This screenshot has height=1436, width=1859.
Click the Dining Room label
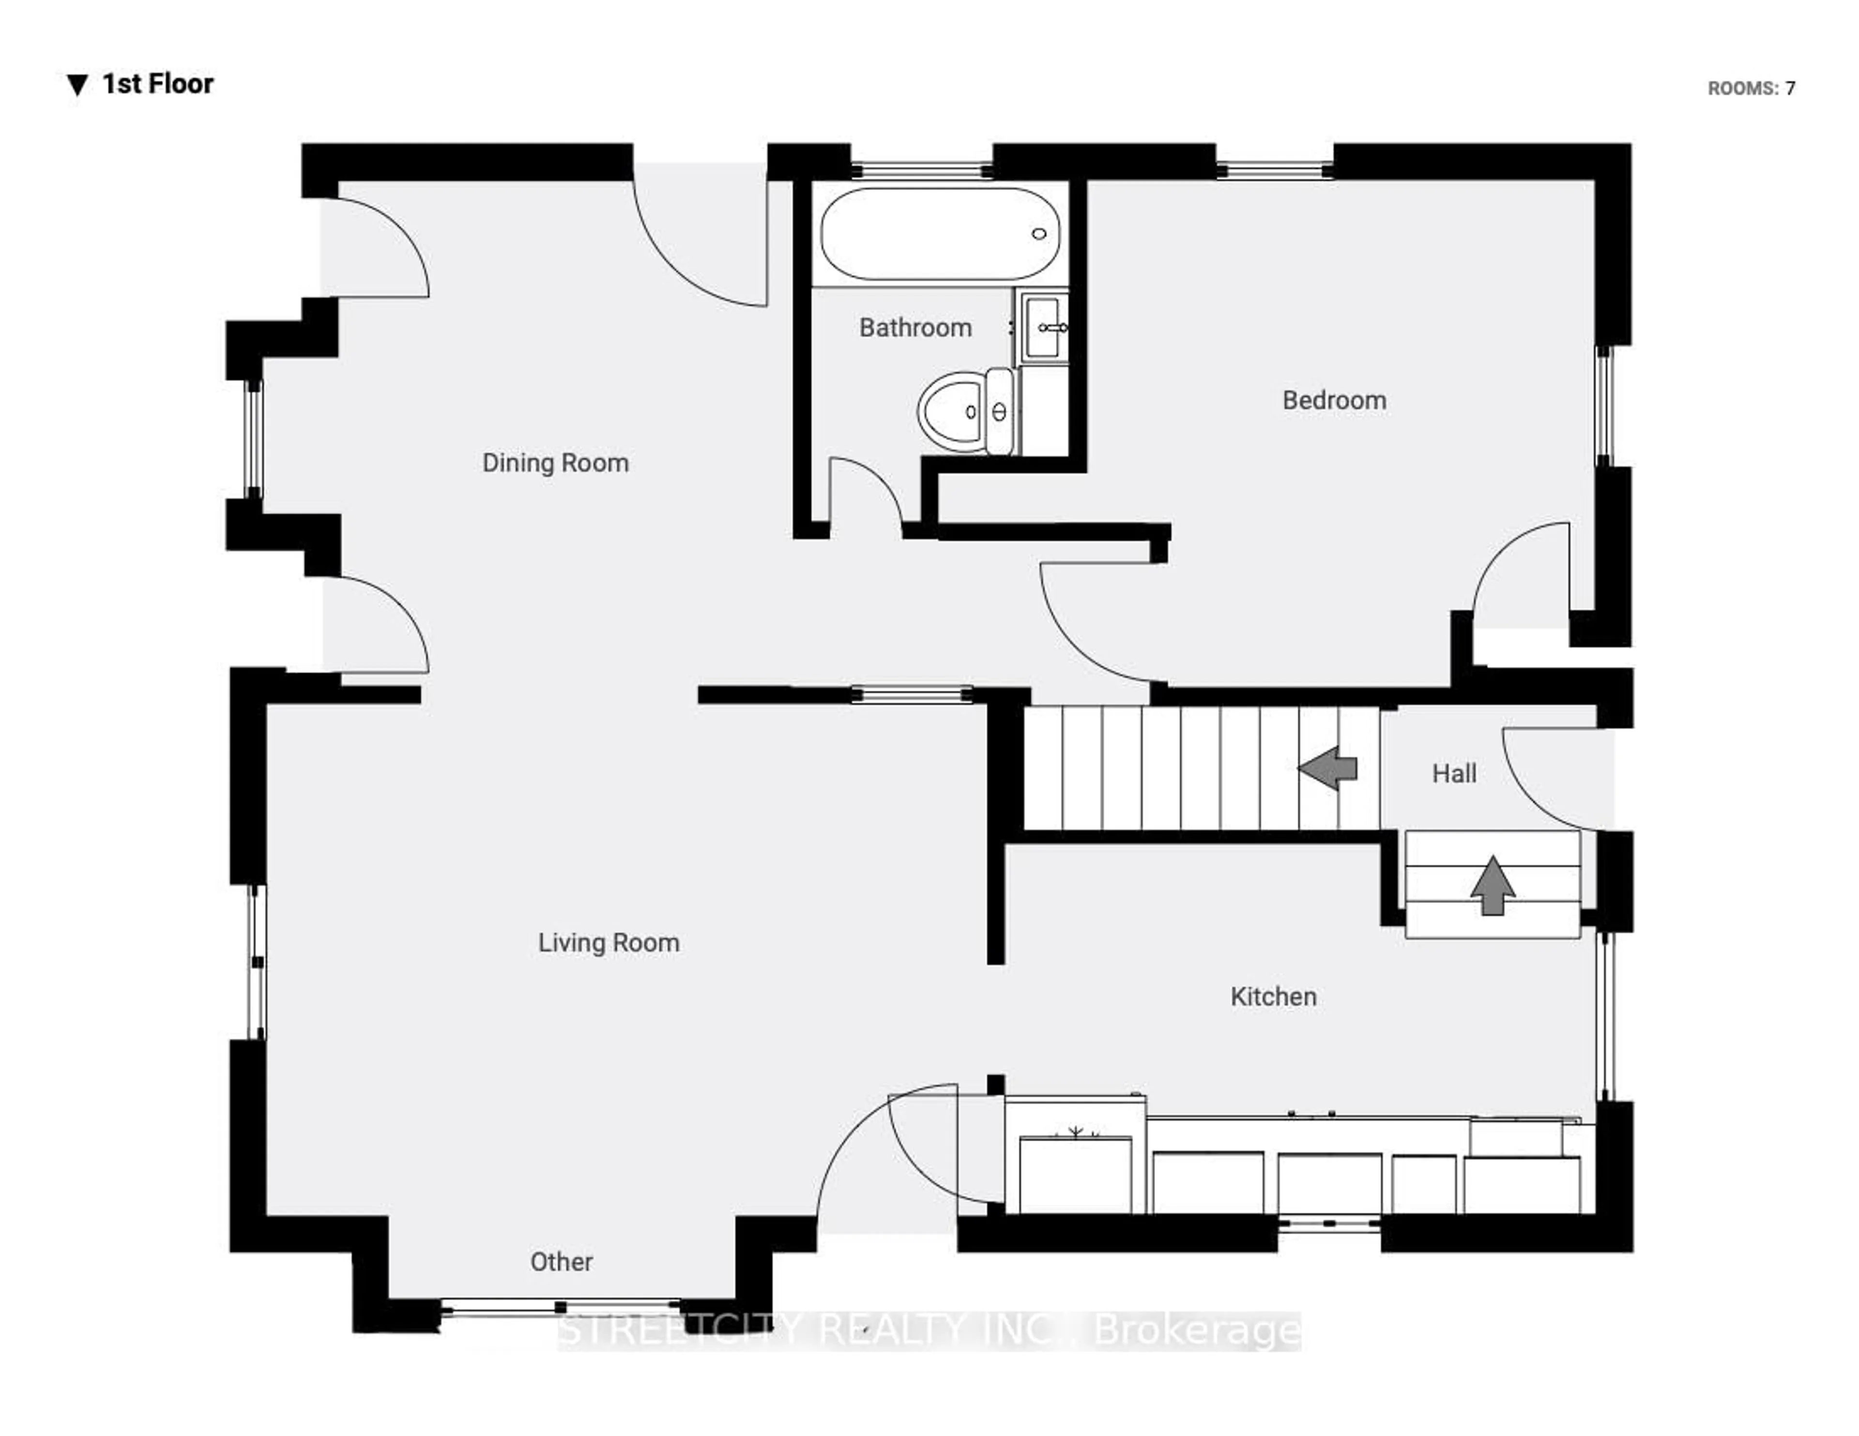tap(555, 463)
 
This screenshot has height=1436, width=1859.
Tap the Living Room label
tap(609, 943)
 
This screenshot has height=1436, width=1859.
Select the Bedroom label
tap(1334, 401)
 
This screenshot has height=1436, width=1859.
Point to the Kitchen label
tap(1273, 997)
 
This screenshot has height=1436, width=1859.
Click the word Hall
tap(1454, 774)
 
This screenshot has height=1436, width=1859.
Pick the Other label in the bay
tap(561, 1261)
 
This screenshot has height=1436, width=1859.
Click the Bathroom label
tap(915, 328)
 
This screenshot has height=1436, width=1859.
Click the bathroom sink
tap(1044, 327)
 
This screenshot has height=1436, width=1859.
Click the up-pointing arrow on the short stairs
tap(1492, 885)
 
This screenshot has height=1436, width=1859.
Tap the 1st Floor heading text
tap(157, 84)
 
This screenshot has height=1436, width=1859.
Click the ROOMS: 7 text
tap(1751, 89)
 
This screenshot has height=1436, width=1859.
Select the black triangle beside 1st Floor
tap(77, 85)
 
